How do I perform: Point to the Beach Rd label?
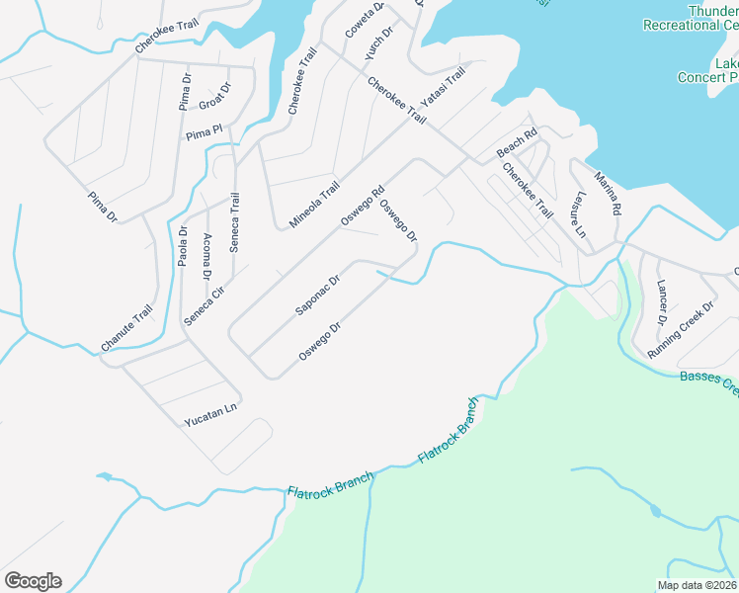(x=517, y=143)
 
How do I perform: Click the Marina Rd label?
(x=607, y=194)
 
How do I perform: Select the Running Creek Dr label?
(x=680, y=330)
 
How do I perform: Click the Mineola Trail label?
(x=314, y=205)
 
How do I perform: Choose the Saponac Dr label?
(x=317, y=295)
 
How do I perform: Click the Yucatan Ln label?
(x=211, y=415)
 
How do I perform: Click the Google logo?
(x=33, y=581)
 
